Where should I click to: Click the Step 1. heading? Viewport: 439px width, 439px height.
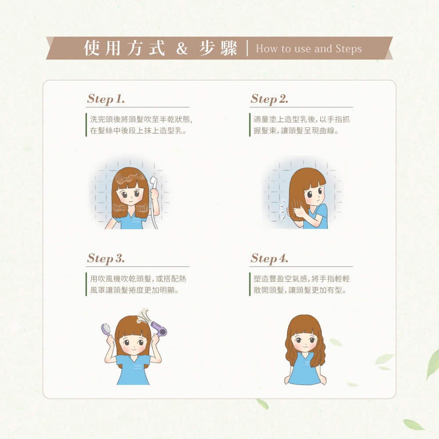pyautogui.click(x=106, y=99)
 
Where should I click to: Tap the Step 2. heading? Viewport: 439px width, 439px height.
pyautogui.click(x=270, y=99)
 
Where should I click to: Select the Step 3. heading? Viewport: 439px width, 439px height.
pyautogui.click(x=106, y=259)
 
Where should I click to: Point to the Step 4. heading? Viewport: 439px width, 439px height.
pyautogui.click(x=270, y=259)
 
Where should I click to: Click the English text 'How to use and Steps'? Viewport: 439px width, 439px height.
pyautogui.click(x=309, y=49)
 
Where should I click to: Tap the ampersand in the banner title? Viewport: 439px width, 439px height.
pyautogui.click(x=182, y=48)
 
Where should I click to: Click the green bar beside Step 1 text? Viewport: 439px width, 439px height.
pyautogui.click(x=86, y=125)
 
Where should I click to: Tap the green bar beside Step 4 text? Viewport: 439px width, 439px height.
pyautogui.click(x=250, y=284)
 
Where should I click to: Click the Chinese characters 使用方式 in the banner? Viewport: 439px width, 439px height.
pyautogui.click(x=124, y=48)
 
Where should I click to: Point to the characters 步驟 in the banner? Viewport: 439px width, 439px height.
pyautogui.click(x=218, y=48)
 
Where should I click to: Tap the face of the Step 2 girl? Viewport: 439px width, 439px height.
pyautogui.click(x=315, y=195)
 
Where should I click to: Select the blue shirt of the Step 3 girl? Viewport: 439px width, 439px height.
pyautogui.click(x=133, y=370)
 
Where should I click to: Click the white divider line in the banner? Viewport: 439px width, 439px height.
pyautogui.click(x=247, y=48)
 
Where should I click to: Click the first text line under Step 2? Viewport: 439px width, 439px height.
pyautogui.click(x=302, y=119)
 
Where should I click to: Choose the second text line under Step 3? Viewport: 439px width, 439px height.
pyautogui.click(x=134, y=290)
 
